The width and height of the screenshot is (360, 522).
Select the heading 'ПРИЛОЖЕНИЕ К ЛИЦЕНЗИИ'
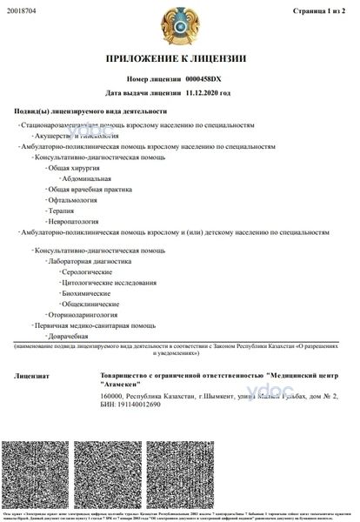click(179, 58)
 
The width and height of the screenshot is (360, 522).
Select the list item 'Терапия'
click(61, 211)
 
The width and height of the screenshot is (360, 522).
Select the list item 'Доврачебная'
click(70, 336)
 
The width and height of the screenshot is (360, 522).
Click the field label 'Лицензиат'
click(32, 376)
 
